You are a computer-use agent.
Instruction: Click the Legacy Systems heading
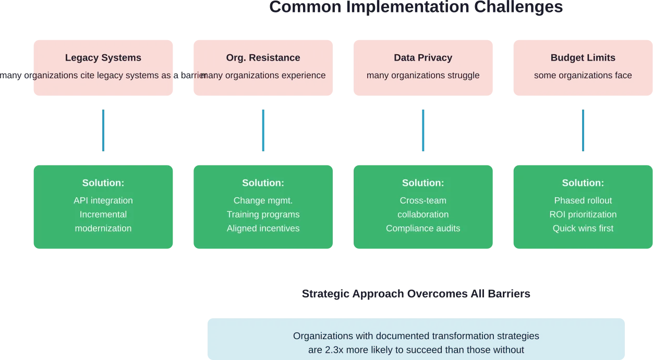click(x=103, y=58)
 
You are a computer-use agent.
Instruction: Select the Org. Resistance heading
click(x=263, y=58)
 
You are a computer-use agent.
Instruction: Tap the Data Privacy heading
click(x=423, y=58)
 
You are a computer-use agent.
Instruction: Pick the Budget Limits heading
click(x=583, y=58)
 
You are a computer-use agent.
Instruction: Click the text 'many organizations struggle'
click(x=423, y=75)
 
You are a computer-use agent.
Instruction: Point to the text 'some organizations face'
click(x=583, y=75)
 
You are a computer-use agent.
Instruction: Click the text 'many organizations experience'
click(x=263, y=75)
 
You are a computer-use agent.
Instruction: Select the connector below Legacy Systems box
click(x=102, y=131)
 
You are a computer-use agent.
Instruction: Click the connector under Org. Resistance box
click(x=263, y=131)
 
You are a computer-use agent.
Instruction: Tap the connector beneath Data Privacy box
click(x=423, y=131)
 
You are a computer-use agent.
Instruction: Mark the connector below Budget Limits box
click(x=582, y=131)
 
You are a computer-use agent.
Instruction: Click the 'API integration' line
click(x=103, y=200)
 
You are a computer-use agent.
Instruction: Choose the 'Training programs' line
click(x=263, y=214)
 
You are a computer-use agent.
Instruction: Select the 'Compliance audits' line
click(x=423, y=228)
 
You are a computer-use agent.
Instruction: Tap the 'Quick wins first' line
click(x=583, y=228)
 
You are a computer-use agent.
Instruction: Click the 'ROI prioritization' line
click(x=583, y=214)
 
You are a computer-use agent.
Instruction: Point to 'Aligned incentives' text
click(x=263, y=228)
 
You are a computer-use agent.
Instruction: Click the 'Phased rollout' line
click(x=583, y=200)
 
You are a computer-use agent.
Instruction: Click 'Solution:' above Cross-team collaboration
click(x=423, y=183)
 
